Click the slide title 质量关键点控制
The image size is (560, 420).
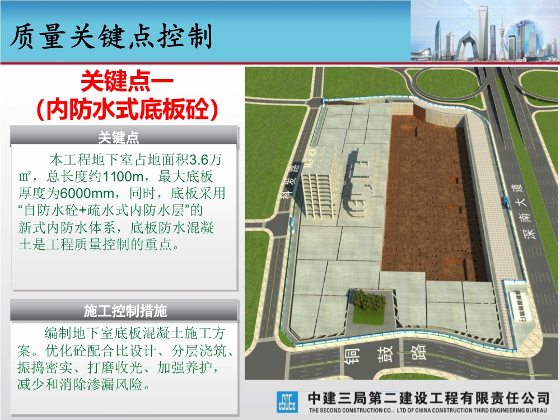(x=111, y=37)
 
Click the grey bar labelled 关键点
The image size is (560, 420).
(x=124, y=137)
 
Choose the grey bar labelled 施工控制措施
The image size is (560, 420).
(x=124, y=310)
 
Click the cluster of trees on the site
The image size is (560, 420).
(x=368, y=301)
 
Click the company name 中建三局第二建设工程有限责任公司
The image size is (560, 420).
(x=428, y=398)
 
